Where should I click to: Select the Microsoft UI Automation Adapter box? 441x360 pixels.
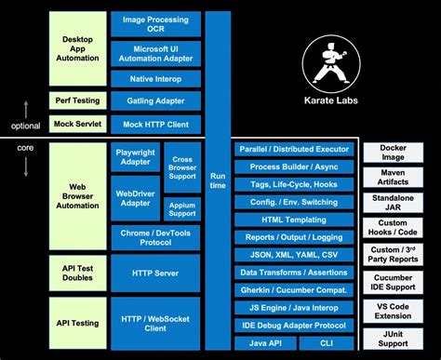tap(154, 54)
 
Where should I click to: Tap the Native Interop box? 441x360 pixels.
tap(154, 79)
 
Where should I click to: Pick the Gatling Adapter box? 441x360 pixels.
tap(154, 100)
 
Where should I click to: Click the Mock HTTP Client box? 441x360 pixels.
tap(154, 123)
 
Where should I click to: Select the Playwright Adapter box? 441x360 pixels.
tap(135, 155)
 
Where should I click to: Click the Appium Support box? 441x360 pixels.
tap(182, 208)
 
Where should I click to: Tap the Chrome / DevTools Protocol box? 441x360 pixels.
tap(154, 236)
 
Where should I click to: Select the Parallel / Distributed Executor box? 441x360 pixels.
tap(293, 149)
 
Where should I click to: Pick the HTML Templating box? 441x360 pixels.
tap(293, 220)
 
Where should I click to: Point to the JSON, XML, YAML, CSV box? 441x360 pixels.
tap(293, 255)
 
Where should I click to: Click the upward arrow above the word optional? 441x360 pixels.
tap(26, 106)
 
